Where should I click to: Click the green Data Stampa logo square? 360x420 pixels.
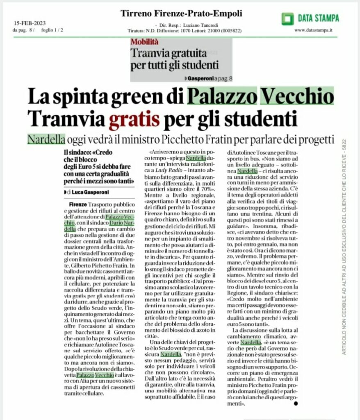coord(288,18)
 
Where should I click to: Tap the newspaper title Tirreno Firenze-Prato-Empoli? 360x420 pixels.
coord(181,14)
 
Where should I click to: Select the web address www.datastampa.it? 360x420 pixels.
coord(313,30)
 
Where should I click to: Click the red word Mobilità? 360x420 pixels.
coord(145,41)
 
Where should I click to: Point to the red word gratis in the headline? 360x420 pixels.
coord(134,119)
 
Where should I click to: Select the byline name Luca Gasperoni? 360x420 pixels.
coord(90,192)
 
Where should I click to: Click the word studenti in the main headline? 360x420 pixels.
coord(257,119)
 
